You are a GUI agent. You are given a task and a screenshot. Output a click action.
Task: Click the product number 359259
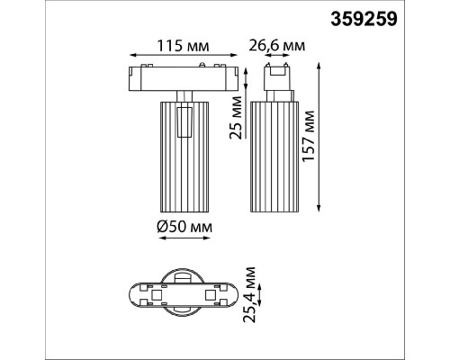click(x=364, y=19)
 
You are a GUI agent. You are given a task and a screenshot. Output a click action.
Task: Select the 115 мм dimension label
click(x=183, y=46)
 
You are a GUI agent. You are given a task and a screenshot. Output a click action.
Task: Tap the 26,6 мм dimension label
click(x=277, y=46)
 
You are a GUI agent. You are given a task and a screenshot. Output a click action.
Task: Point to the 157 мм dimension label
click(x=309, y=137)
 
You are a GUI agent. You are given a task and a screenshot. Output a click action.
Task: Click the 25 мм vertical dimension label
click(x=236, y=117)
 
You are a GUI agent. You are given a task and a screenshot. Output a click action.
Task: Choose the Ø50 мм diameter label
click(x=184, y=227)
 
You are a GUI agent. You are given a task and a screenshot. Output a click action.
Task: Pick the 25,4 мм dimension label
click(x=249, y=294)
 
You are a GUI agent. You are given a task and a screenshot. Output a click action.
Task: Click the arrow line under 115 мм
click(x=184, y=55)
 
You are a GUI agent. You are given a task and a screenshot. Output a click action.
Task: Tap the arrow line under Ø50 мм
click(x=184, y=238)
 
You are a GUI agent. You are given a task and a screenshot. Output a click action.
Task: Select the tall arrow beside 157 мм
click(x=319, y=137)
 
